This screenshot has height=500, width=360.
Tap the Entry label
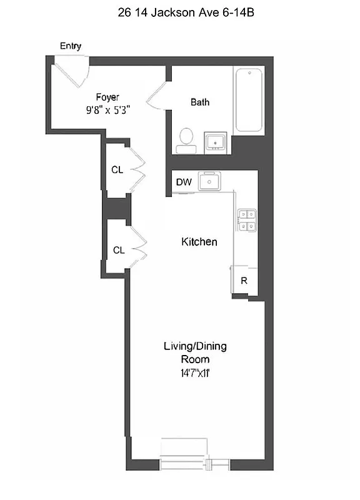point(71,46)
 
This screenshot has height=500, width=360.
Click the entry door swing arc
point(74,72)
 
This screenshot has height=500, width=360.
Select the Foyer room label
point(107,97)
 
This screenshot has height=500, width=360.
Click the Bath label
point(200,102)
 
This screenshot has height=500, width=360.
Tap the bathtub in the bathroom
point(249,100)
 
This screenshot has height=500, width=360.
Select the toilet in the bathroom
point(186,141)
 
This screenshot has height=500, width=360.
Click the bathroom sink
point(216,142)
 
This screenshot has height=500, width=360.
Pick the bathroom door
point(156,94)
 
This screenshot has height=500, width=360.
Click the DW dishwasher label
point(183,182)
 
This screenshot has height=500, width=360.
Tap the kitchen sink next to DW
point(209,181)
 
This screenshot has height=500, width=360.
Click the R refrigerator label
point(244,281)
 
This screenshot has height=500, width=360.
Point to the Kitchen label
point(199,242)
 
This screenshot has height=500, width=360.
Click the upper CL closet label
point(117,169)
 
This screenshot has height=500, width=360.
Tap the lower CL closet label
point(119,250)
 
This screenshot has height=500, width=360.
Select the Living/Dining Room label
point(195,352)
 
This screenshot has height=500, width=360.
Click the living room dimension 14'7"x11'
point(195,373)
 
